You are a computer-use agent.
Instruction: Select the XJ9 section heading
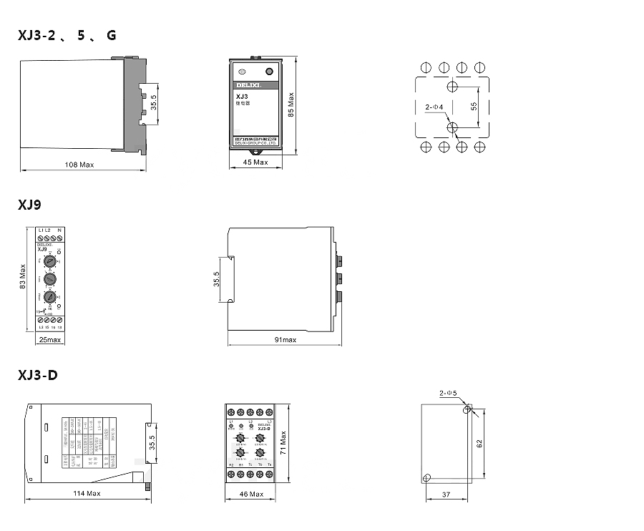click(29, 205)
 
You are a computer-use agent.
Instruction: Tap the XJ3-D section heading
click(37, 376)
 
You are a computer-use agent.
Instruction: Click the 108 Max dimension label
click(79, 165)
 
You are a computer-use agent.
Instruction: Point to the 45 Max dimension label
click(255, 162)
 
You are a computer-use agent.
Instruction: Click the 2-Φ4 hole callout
click(434, 107)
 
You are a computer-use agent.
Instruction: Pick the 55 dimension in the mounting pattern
click(474, 106)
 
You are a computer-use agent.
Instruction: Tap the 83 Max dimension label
click(23, 275)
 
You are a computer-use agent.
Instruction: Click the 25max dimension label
click(49, 340)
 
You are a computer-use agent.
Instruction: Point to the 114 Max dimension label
click(87, 494)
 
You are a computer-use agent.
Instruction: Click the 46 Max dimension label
click(251, 494)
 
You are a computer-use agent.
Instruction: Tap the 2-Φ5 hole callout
click(448, 393)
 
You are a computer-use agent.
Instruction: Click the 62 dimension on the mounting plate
click(480, 444)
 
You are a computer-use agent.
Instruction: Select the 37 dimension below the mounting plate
click(446, 495)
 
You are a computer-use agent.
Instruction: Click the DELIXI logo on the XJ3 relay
click(248, 84)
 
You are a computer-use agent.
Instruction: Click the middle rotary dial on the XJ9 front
click(49, 279)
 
